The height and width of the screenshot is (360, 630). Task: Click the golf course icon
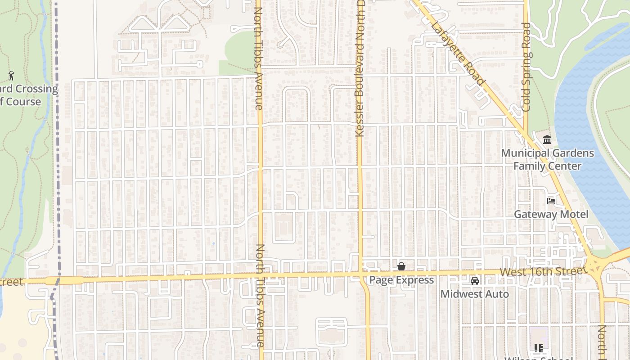click(x=11, y=75)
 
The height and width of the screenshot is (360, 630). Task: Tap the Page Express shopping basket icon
click(x=401, y=266)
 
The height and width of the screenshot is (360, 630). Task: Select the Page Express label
click(x=401, y=280)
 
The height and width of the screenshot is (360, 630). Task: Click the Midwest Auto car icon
click(x=474, y=281)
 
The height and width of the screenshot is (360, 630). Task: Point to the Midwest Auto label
click(x=474, y=294)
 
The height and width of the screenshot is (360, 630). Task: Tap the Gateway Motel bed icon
click(x=551, y=201)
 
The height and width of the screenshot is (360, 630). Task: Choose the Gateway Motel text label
click(x=551, y=214)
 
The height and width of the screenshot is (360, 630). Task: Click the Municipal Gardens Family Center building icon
click(x=547, y=139)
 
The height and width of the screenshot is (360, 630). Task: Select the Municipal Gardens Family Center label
click(x=547, y=159)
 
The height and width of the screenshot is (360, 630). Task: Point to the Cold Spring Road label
click(x=526, y=67)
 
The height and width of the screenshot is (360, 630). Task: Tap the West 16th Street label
click(x=543, y=272)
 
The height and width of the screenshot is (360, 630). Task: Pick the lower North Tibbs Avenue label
click(x=260, y=295)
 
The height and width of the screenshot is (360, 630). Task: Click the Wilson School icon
click(x=538, y=348)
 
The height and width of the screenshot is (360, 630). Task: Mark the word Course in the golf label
click(x=23, y=102)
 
